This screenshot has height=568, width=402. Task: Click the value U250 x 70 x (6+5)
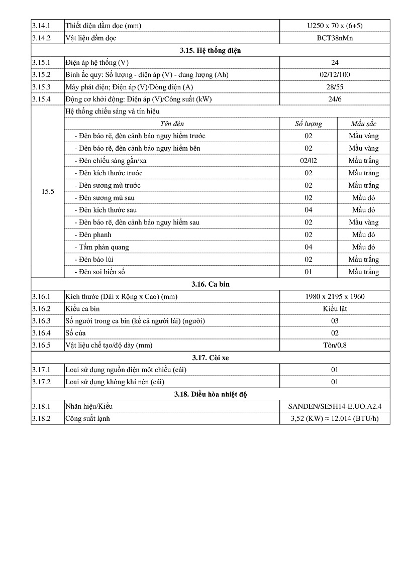[x=335, y=26]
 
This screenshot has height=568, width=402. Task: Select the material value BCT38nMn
[x=335, y=38]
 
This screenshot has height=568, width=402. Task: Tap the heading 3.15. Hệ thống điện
[x=211, y=50]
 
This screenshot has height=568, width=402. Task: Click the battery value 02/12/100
[x=335, y=75]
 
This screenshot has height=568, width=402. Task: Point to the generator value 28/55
[x=335, y=87]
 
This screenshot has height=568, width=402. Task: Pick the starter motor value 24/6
[x=335, y=99]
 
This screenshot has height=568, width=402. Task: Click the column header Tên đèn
[x=172, y=124]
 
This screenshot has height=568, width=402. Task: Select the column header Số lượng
[x=308, y=124]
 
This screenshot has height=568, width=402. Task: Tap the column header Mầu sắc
[x=363, y=124]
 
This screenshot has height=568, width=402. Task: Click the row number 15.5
[x=48, y=191]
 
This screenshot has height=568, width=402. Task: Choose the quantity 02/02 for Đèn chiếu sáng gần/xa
[x=308, y=161]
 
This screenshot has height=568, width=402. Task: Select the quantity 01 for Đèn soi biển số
[x=308, y=272]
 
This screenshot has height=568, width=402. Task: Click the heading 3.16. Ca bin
[x=211, y=284]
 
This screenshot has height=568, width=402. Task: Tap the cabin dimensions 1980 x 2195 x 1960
[x=335, y=296]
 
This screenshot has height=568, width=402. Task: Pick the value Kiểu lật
[x=335, y=309]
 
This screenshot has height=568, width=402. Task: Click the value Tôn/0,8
[x=335, y=346]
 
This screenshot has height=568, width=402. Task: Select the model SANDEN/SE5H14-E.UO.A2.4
[x=335, y=406]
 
